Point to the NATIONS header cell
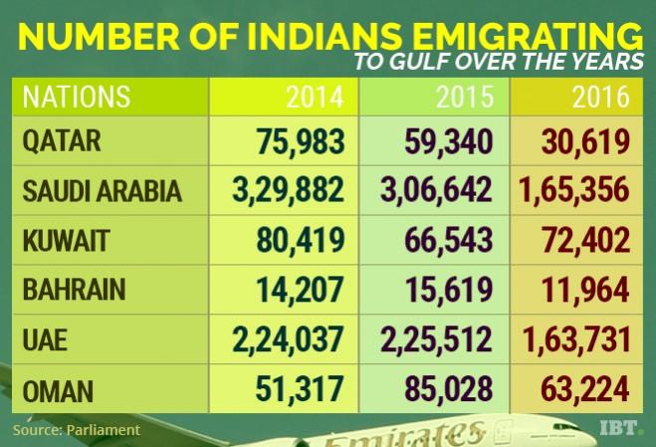[77, 98]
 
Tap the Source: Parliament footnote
[78, 430]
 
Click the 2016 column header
[600, 98]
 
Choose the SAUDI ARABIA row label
[103, 191]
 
